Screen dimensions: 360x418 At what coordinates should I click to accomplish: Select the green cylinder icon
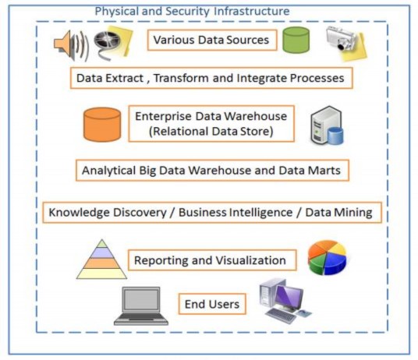(296, 40)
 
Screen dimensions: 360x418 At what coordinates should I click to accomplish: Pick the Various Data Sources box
(211, 40)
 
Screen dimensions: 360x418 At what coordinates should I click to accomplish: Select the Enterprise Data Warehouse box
(211, 124)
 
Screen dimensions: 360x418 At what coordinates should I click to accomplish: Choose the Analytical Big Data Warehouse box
(211, 169)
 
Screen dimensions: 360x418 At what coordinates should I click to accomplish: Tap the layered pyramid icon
(101, 259)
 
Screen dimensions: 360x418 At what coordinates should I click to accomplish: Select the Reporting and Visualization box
(211, 260)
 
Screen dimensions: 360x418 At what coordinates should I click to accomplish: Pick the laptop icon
(140, 305)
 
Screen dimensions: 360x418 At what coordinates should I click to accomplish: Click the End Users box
(211, 303)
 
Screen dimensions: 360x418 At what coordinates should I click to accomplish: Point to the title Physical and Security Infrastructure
(192, 11)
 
